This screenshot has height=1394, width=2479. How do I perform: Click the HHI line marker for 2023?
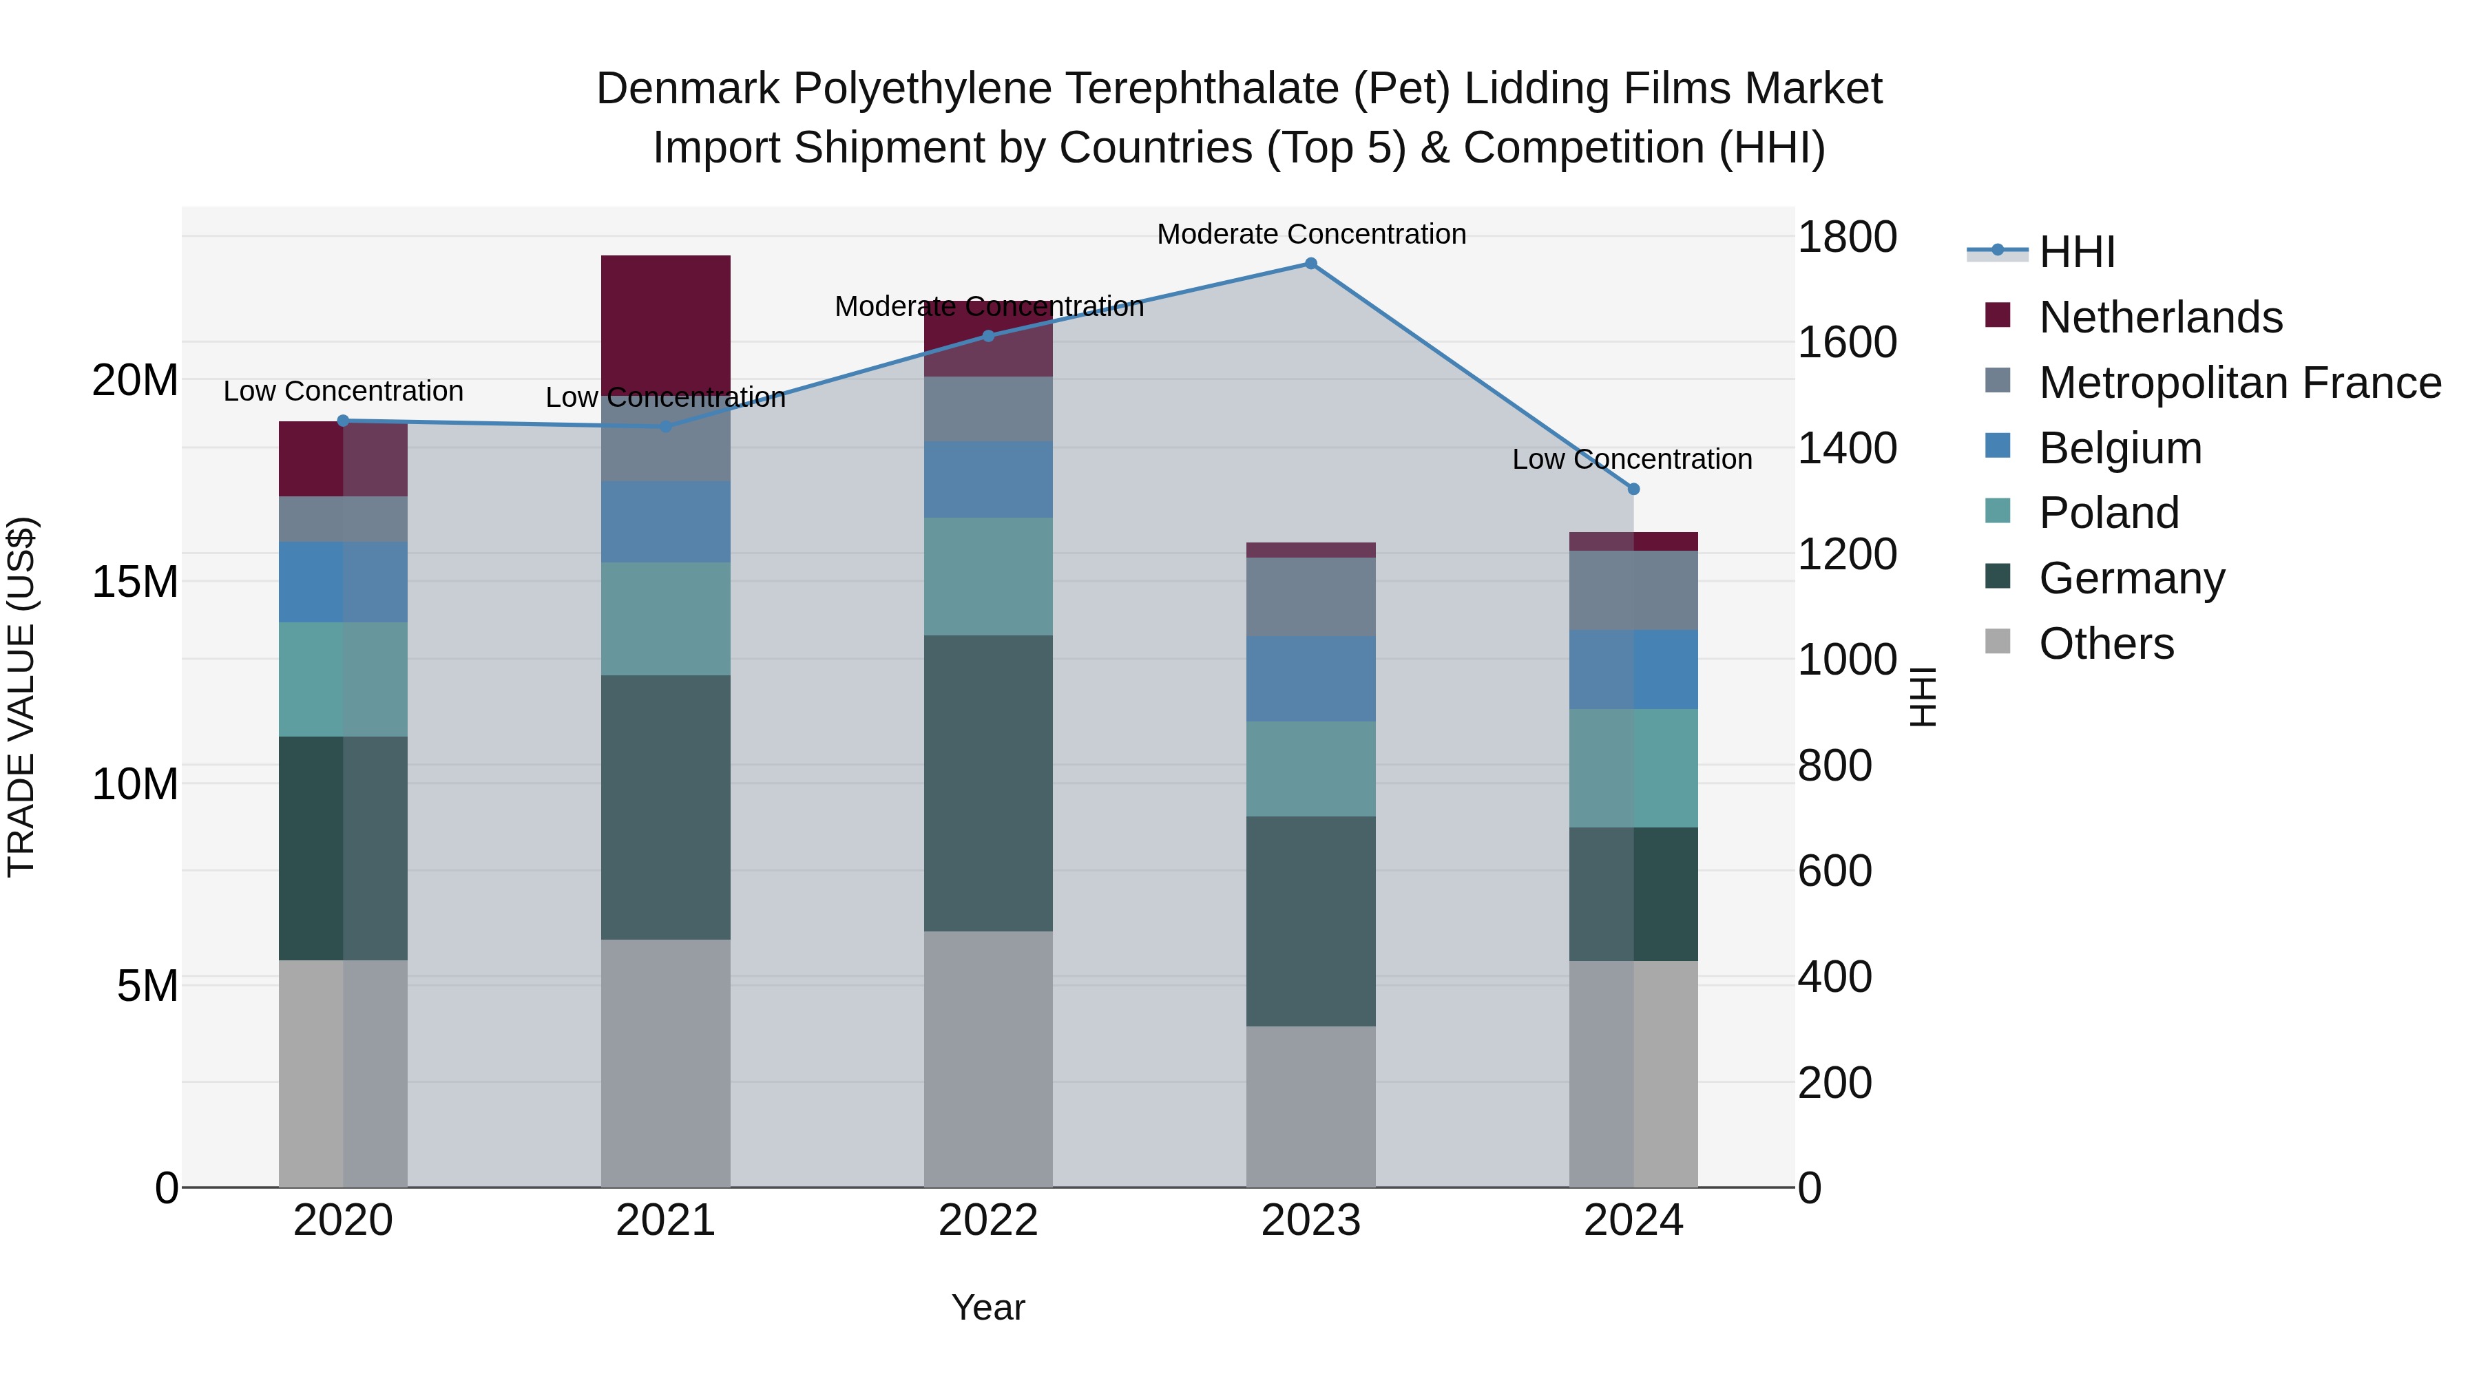(x=1310, y=264)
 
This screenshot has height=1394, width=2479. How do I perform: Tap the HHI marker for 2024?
(x=1633, y=489)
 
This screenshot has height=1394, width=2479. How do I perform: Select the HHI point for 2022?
(x=988, y=336)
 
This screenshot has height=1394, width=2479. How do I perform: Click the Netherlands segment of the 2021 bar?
(x=666, y=317)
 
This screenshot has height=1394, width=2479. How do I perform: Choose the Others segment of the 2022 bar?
(x=988, y=1058)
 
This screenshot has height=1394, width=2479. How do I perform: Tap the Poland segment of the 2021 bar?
(x=666, y=619)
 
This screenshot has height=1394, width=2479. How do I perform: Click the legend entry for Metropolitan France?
(x=2239, y=383)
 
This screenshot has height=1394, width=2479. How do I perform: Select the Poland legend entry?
(x=2109, y=513)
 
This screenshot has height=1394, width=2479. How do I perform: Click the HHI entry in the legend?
(x=2077, y=252)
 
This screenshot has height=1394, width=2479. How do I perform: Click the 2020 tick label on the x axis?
(x=344, y=1221)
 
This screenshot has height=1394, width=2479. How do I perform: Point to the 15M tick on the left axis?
(x=136, y=582)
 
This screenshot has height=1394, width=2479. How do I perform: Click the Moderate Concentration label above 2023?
(x=1310, y=234)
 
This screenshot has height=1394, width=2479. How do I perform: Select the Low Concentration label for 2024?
(x=1632, y=459)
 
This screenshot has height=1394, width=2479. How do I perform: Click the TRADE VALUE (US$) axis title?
(x=21, y=697)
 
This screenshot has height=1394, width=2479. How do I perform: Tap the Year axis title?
(x=988, y=1307)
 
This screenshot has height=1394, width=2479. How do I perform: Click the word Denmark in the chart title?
(x=688, y=89)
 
